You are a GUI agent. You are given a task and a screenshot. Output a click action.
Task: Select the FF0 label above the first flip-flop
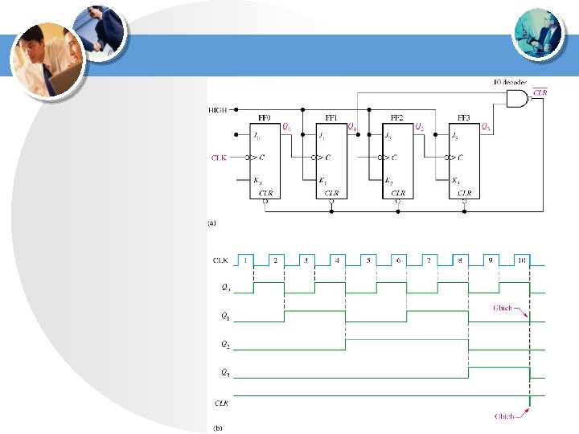pyautogui.click(x=264, y=117)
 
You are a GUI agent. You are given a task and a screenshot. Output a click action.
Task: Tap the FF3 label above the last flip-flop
pyautogui.click(x=465, y=117)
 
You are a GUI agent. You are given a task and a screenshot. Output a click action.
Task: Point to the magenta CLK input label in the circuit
pyautogui.click(x=219, y=158)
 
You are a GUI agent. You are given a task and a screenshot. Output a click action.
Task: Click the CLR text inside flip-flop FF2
pyautogui.click(x=398, y=193)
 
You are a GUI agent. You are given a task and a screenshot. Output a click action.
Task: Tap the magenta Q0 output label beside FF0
pyautogui.click(x=286, y=126)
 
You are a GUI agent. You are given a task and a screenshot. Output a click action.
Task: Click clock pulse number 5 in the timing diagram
pyautogui.click(x=368, y=260)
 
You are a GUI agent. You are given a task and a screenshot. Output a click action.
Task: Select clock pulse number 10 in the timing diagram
pyautogui.click(x=522, y=260)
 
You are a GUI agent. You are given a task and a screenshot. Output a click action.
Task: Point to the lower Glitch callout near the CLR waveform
pyautogui.click(x=504, y=416)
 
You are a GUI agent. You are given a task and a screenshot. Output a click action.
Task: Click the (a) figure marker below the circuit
pyautogui.click(x=212, y=223)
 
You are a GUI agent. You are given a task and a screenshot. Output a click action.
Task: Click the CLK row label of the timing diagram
pyautogui.click(x=220, y=260)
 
